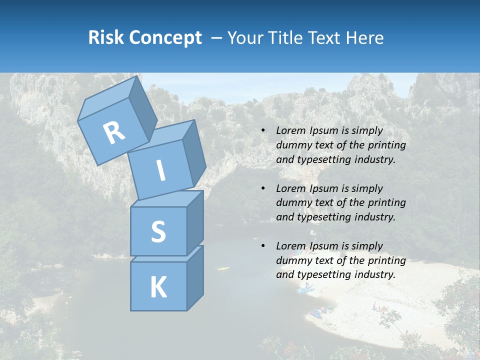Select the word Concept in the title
[x=165, y=38]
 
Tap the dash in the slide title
[x=216, y=38]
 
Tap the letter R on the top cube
[x=114, y=132]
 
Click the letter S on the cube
[x=158, y=231]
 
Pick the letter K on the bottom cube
[x=158, y=287]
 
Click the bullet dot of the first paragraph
[x=263, y=131]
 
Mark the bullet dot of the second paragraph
[x=263, y=188]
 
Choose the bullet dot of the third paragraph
[x=263, y=246]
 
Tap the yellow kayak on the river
[x=223, y=268]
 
